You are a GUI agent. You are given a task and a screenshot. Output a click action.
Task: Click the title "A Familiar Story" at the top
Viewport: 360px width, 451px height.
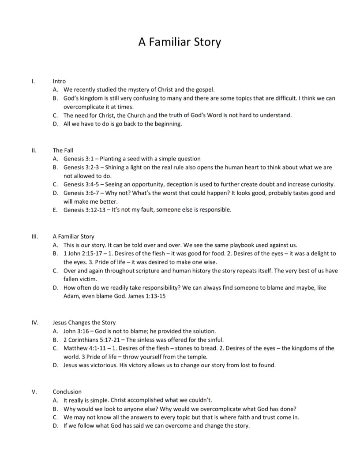point(180,42)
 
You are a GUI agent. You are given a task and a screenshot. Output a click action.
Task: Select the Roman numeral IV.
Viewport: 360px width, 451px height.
point(35,322)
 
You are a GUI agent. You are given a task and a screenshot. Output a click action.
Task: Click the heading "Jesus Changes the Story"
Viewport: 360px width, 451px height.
point(84,322)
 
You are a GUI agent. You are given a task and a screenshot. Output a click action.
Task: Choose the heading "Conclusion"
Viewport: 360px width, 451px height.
point(67,391)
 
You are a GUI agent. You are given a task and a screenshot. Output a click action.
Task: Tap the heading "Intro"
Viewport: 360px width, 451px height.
point(59,81)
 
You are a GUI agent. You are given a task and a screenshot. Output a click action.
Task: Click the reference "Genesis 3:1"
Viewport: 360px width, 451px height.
point(78,159)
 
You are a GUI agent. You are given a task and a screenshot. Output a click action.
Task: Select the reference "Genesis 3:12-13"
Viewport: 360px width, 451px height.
point(83,210)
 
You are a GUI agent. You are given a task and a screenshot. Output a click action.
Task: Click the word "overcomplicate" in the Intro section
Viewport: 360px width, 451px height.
point(84,107)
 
